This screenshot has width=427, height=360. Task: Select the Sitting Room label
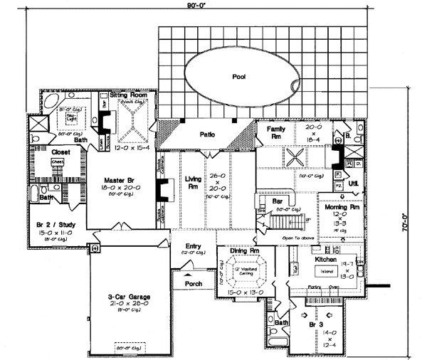tap(129, 94)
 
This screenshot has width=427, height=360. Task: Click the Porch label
tap(194, 283)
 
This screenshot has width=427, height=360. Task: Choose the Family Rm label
tap(276, 132)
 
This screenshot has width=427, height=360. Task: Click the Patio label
tap(207, 132)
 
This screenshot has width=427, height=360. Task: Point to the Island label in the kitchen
tap(325, 270)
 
